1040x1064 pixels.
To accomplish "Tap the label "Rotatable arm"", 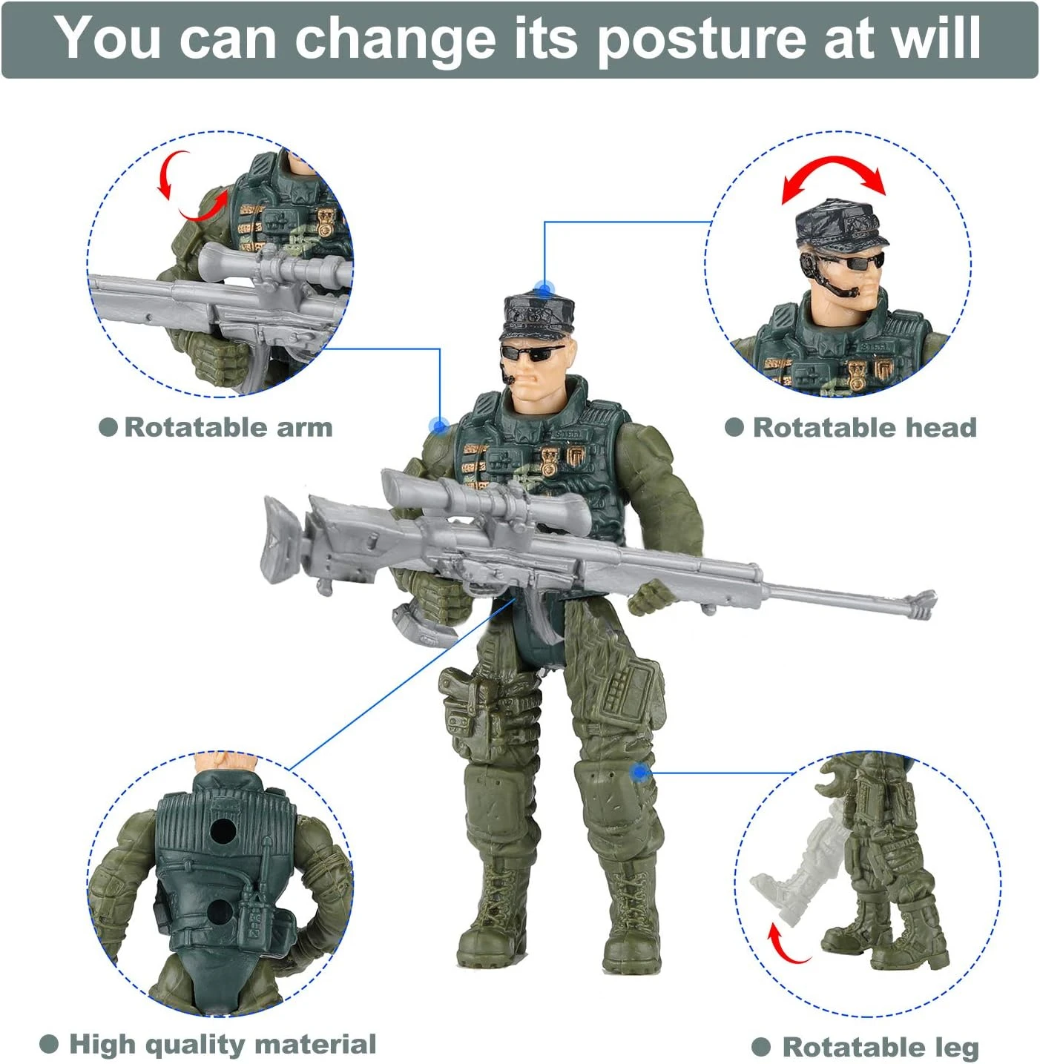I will pyautogui.click(x=228, y=427).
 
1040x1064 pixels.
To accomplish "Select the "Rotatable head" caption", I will pyautogui.click(x=864, y=427).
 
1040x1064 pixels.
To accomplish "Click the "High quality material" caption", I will pyautogui.click(x=222, y=1044).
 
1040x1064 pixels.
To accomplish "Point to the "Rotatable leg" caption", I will pyautogui.click(x=881, y=1047).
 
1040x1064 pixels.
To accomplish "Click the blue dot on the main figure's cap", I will pyautogui.click(x=545, y=289).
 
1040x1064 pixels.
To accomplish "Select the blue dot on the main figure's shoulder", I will pyautogui.click(x=438, y=426).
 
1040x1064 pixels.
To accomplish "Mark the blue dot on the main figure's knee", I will pyautogui.click(x=639, y=772).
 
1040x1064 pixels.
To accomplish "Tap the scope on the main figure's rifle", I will pyautogui.click(x=482, y=500).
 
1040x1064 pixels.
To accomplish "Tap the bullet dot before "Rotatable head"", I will pyautogui.click(x=734, y=427).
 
